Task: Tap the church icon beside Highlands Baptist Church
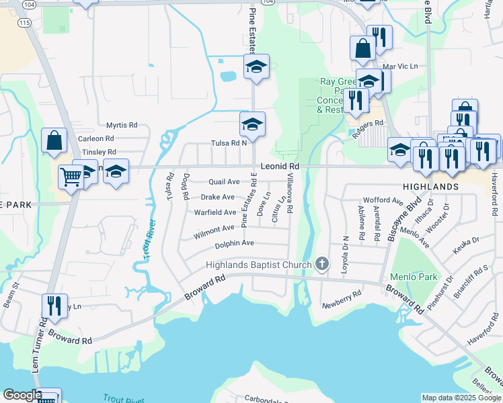pyautogui.click(x=322, y=265)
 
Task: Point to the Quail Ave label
pyautogui.click(x=224, y=182)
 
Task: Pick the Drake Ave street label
pyautogui.click(x=217, y=197)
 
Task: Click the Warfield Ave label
pyautogui.click(x=215, y=212)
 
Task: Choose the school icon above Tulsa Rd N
pyautogui.click(x=252, y=124)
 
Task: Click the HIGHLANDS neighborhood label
pyautogui.click(x=430, y=186)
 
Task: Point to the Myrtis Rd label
pyautogui.click(x=122, y=125)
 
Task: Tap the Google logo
pyautogui.click(x=22, y=395)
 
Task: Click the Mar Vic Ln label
pyautogui.click(x=400, y=66)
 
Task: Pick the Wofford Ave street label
pyautogui.click(x=383, y=200)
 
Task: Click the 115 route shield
pyautogui.click(x=25, y=23)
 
